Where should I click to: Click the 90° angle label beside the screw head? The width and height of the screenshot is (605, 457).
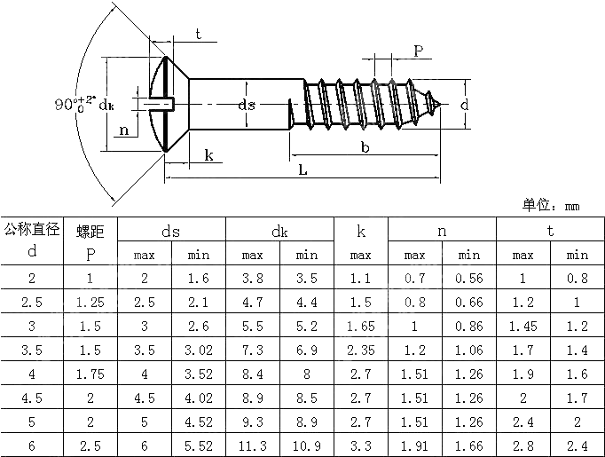click(x=75, y=103)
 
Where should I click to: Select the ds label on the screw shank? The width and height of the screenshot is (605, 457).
click(x=247, y=105)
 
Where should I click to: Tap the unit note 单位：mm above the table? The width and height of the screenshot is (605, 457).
click(x=551, y=206)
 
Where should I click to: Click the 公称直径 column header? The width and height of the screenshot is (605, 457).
click(x=32, y=230)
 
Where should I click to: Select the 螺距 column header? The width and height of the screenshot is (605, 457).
click(x=90, y=232)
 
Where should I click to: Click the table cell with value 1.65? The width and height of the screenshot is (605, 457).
click(x=361, y=326)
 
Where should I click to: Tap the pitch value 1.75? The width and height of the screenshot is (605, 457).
click(x=90, y=372)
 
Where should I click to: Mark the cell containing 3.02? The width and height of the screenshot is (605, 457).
click(x=198, y=349)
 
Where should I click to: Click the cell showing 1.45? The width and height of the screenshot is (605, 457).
click(x=523, y=326)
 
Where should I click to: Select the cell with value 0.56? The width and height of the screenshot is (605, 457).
click(x=469, y=279)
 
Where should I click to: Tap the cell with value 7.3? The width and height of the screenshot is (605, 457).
click(x=253, y=349)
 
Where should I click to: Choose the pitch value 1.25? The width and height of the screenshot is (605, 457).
click(x=90, y=302)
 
